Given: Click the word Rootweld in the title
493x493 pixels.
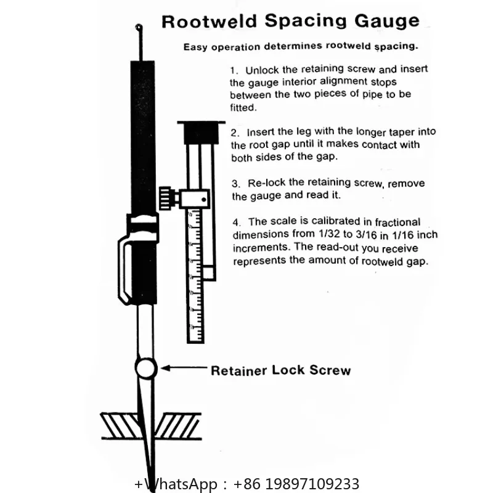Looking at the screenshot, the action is [x=210, y=22].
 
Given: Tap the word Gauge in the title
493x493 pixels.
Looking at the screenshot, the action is [x=387, y=21].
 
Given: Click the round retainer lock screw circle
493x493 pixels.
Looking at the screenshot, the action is [x=146, y=368].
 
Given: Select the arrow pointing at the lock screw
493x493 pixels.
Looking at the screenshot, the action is [x=184, y=368].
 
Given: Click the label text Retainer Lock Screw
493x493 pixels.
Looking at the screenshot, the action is [x=280, y=370].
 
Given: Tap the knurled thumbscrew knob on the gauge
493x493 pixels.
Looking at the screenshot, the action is [x=165, y=198].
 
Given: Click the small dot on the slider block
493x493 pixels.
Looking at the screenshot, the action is [x=204, y=199].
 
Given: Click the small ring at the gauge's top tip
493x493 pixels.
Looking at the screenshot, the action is [x=139, y=27].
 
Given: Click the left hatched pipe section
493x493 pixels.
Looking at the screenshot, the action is [x=120, y=426].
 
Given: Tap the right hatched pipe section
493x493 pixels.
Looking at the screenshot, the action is [x=177, y=426].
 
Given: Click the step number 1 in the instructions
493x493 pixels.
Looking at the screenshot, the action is [x=233, y=70].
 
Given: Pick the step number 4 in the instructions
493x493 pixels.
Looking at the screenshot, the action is [x=237, y=222].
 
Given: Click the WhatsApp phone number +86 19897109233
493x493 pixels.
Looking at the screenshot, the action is [x=296, y=484].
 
